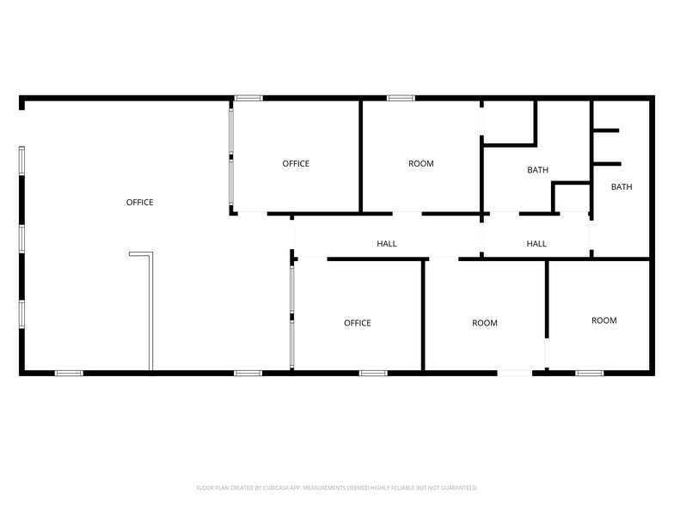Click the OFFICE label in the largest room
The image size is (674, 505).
139,203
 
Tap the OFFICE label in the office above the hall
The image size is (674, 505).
296,164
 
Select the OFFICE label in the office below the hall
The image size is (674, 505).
358,324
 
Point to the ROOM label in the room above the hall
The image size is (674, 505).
421,164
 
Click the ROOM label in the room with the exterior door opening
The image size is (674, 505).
485,324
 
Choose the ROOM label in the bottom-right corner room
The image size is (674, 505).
604,321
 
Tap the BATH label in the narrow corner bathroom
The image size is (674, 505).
622,187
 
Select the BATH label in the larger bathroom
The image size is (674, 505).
537,171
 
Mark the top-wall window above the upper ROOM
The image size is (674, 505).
401,98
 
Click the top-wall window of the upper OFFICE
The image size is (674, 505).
248,98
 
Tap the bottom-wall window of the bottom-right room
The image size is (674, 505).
589,374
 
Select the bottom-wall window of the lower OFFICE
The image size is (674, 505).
373,374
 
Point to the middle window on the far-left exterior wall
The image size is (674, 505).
22,239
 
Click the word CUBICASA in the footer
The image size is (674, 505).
276,487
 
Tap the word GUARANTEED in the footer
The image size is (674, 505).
456,487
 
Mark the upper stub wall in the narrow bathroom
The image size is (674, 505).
606,131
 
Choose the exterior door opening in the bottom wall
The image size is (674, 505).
515,374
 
